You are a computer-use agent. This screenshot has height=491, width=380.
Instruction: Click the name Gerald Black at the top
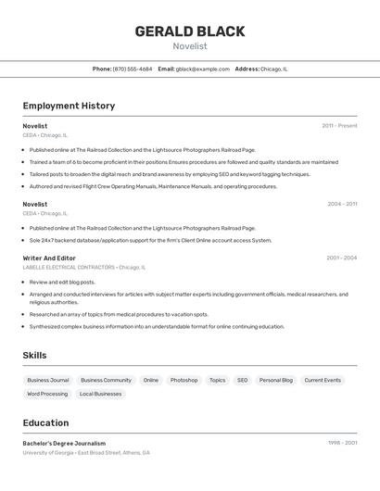coord(190,31)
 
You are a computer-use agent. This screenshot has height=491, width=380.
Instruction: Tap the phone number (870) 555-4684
coord(133,69)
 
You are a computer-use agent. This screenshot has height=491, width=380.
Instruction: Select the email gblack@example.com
coord(202,69)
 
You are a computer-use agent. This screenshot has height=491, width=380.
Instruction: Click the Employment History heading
coord(69,106)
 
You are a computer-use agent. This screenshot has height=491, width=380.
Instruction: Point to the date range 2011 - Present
coord(339,126)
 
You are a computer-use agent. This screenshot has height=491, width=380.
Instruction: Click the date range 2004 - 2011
coord(342,204)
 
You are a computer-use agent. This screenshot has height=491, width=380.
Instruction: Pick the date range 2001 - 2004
coord(341,258)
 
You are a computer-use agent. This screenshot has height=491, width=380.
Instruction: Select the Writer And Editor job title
coord(49,258)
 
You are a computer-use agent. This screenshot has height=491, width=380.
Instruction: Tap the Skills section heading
coord(35,355)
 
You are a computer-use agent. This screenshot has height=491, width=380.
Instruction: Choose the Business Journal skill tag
coord(48,380)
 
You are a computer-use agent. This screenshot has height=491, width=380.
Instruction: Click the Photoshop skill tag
coord(184,380)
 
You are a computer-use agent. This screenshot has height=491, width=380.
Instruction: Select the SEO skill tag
coord(242,380)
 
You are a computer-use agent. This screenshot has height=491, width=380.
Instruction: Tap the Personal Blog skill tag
coord(275,380)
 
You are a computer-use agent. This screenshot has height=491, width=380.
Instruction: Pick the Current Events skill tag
coord(323,380)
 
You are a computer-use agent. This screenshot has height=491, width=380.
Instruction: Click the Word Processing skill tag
coord(47,394)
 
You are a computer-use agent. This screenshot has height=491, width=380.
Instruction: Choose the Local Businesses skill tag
coord(100,394)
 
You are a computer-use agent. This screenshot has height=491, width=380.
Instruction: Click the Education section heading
coord(45,422)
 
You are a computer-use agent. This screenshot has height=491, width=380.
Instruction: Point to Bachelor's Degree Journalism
coord(64,443)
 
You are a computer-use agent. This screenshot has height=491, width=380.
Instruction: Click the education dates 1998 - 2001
coord(342,443)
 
